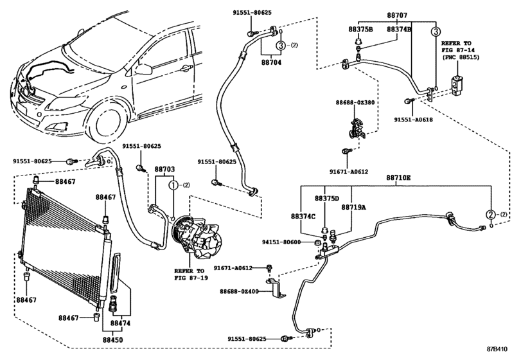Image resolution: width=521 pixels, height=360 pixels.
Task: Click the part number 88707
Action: [397, 15]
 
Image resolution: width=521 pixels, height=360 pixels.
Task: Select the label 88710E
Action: [398, 178]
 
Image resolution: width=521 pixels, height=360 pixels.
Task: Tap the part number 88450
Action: [112, 340]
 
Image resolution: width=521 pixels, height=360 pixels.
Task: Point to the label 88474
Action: [120, 323]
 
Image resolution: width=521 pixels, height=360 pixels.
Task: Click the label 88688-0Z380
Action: [355, 102]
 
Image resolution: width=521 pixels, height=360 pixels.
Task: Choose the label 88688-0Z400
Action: [239, 291]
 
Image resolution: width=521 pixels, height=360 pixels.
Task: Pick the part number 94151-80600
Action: [281, 242]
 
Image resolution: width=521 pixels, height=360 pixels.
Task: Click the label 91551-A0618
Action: [413, 120]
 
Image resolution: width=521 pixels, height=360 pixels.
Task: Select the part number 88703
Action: [164, 170]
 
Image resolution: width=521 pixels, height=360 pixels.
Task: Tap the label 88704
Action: [271, 62]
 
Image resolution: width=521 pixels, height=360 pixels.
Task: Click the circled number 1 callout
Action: [174, 185]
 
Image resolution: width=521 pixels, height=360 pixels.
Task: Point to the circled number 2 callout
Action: [491, 215]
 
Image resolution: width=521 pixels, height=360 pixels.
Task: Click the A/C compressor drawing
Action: [197, 237]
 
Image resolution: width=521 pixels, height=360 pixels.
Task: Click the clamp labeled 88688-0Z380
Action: [357, 128]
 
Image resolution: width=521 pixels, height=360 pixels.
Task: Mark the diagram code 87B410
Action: [497, 349]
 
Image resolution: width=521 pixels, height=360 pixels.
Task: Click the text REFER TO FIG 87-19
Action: [191, 274]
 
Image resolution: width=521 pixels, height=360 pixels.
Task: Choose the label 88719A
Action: [353, 207]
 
